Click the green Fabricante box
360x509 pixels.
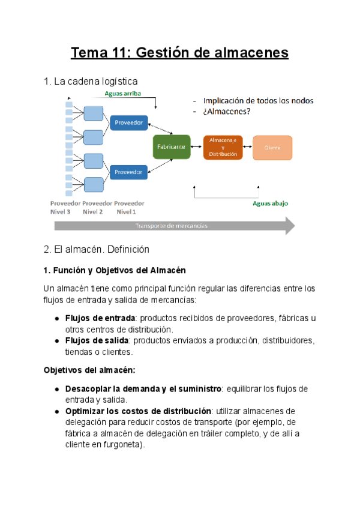coord(172,146)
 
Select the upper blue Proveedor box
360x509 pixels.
coord(128,122)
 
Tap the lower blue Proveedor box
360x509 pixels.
coord(128,172)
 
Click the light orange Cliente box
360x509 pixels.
coord(272,146)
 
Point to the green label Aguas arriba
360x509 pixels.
coord(123,94)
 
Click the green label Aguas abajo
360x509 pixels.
coord(270,203)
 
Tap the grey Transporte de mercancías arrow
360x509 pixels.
coord(174,226)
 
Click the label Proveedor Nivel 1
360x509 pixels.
coord(128,207)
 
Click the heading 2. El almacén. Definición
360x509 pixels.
coord(96,248)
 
